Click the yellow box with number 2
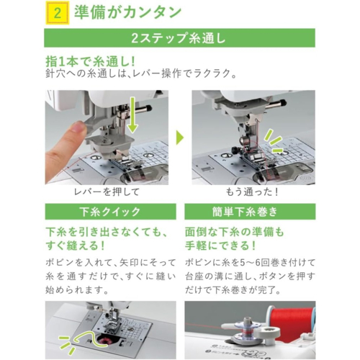coord(58,13)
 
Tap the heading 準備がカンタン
coord(127,12)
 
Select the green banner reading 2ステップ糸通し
coord(179,38)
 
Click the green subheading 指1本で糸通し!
coord(91,62)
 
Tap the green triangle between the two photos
coord(180,138)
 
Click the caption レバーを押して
coord(107,192)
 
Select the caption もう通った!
coord(252,192)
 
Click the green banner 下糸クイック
coord(111,212)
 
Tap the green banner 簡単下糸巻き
coord(250,212)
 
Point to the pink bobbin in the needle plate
coord(103,339)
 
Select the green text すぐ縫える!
coord(75,246)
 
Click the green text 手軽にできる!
coord(220,246)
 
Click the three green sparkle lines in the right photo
coord(274,142)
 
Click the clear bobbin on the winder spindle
coord(246,330)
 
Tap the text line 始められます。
coord(77,290)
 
